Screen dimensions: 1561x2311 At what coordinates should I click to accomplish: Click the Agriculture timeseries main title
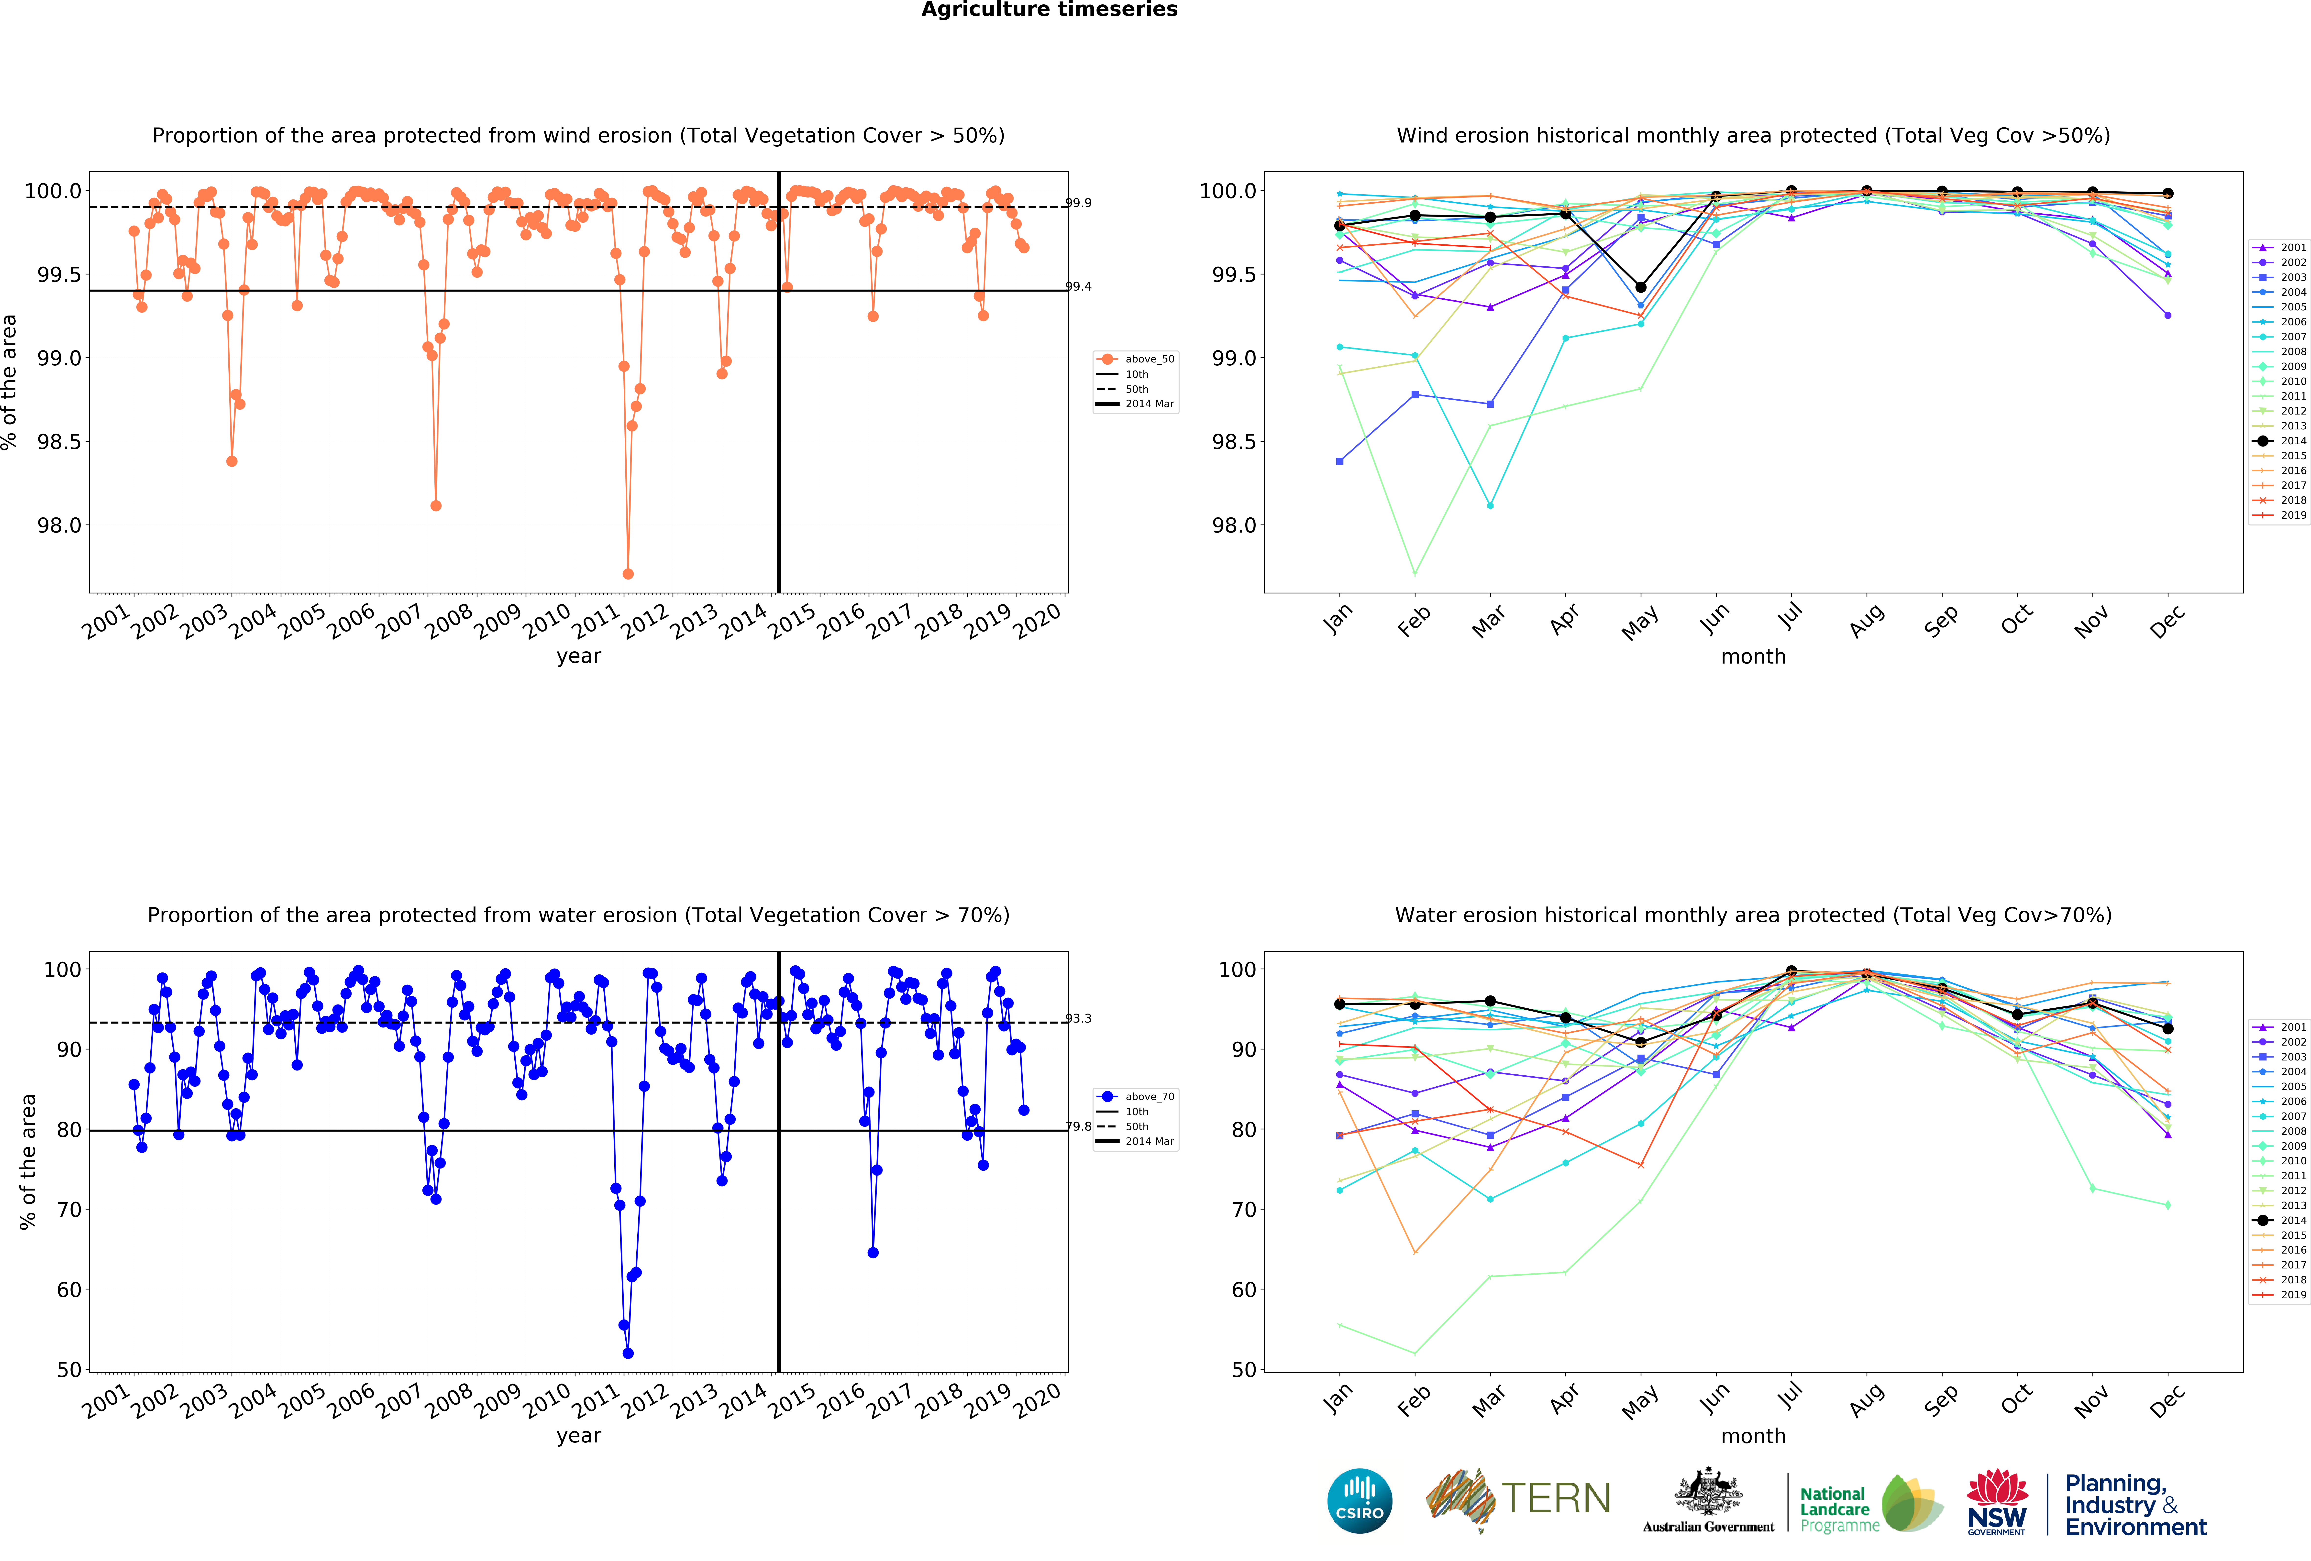[x=1049, y=10]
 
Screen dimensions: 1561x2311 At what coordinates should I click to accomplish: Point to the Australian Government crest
[x=1707, y=1491]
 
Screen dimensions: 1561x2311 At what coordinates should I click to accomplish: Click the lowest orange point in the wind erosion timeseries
[x=628, y=574]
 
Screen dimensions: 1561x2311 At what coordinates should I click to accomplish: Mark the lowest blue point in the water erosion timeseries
[x=628, y=1353]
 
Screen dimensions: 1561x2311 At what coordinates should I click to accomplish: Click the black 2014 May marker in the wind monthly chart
[x=1641, y=287]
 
